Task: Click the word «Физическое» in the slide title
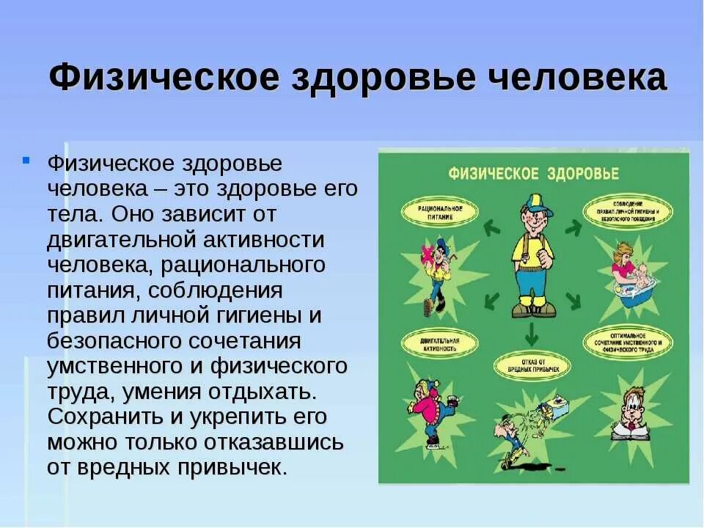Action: (x=164, y=78)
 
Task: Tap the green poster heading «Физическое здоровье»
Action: (x=533, y=174)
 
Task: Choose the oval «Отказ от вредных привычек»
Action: (x=531, y=364)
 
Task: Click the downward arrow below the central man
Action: (x=531, y=335)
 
